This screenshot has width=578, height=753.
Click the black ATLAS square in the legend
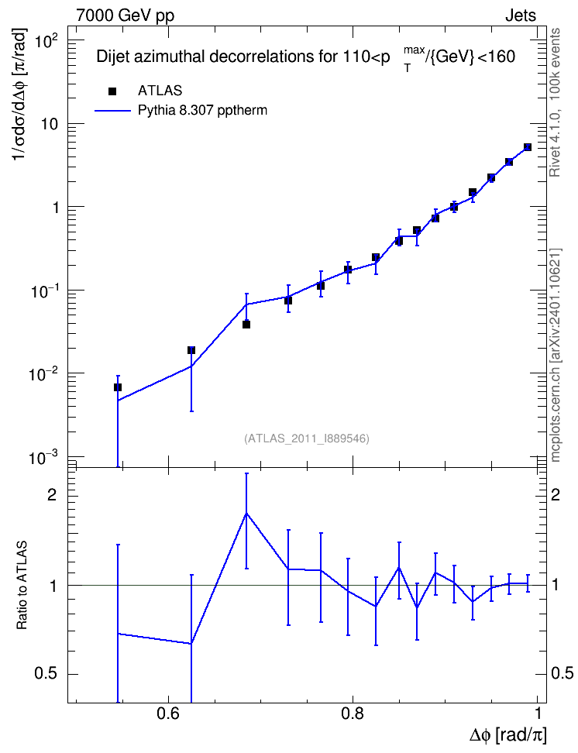112,91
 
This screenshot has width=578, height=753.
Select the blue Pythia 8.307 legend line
112,111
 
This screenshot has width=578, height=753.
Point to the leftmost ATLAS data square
118,387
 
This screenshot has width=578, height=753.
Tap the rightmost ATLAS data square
527,147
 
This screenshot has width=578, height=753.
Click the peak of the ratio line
246,513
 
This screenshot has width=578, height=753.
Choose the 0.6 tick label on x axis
168,713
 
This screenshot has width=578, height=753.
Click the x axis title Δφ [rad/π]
507,735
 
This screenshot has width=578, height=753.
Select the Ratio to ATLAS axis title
22,585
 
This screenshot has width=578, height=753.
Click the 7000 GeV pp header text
125,15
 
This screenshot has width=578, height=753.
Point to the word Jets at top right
521,15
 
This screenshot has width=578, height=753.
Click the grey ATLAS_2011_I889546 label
307,438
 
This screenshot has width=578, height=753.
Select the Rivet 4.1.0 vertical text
555,102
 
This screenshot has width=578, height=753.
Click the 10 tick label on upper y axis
47,125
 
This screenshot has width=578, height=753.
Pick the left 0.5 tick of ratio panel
46,674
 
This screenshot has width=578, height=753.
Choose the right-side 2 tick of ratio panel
556,494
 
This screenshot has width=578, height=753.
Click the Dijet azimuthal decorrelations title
305,57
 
